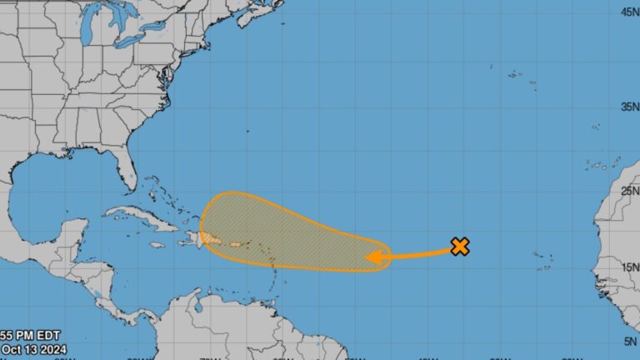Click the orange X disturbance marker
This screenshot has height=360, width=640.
click(459, 246)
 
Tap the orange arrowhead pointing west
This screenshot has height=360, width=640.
click(376, 257)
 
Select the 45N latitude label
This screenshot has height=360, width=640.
click(629, 12)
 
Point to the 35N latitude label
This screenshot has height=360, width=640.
click(629, 107)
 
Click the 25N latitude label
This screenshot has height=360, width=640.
click(629, 191)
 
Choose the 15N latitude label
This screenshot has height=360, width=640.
click(629, 267)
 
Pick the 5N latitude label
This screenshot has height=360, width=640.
click(629, 341)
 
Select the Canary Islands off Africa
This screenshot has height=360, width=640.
click(598, 164)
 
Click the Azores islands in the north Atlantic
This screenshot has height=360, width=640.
click(521, 77)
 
